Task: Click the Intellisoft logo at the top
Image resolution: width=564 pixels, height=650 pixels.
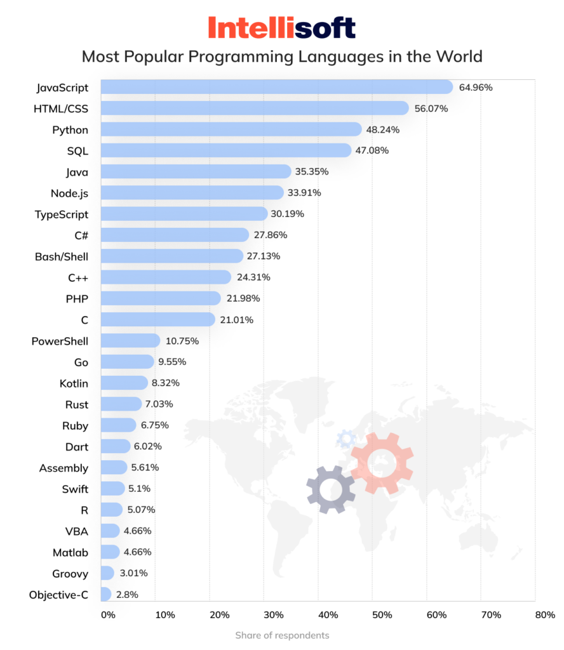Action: click(x=281, y=28)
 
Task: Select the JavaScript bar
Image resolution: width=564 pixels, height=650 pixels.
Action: click(x=276, y=87)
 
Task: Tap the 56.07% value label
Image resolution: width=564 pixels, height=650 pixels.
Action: click(x=431, y=109)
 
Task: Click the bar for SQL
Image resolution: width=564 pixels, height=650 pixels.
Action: click(x=225, y=150)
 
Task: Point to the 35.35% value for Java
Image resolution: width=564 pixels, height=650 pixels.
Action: click(x=311, y=171)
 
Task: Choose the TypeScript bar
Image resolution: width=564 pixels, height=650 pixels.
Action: click(x=184, y=214)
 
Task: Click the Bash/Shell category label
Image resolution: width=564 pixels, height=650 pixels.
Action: click(x=62, y=256)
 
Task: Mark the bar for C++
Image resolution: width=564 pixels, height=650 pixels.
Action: click(x=165, y=277)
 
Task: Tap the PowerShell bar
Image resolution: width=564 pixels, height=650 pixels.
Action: click(x=130, y=341)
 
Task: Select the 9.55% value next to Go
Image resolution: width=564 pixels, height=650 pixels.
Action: click(x=175, y=362)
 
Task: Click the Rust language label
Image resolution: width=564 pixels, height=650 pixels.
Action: click(x=77, y=404)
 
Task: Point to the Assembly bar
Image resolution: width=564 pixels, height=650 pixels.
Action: click(x=114, y=468)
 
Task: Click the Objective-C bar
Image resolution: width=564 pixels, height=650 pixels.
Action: click(x=106, y=595)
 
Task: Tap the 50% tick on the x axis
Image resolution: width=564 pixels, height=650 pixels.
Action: click(x=382, y=615)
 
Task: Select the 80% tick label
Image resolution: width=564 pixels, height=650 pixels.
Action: click(x=545, y=615)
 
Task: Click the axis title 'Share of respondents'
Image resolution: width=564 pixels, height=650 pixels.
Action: click(x=282, y=635)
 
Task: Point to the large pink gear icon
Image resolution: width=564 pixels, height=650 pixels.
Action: click(x=381, y=463)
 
